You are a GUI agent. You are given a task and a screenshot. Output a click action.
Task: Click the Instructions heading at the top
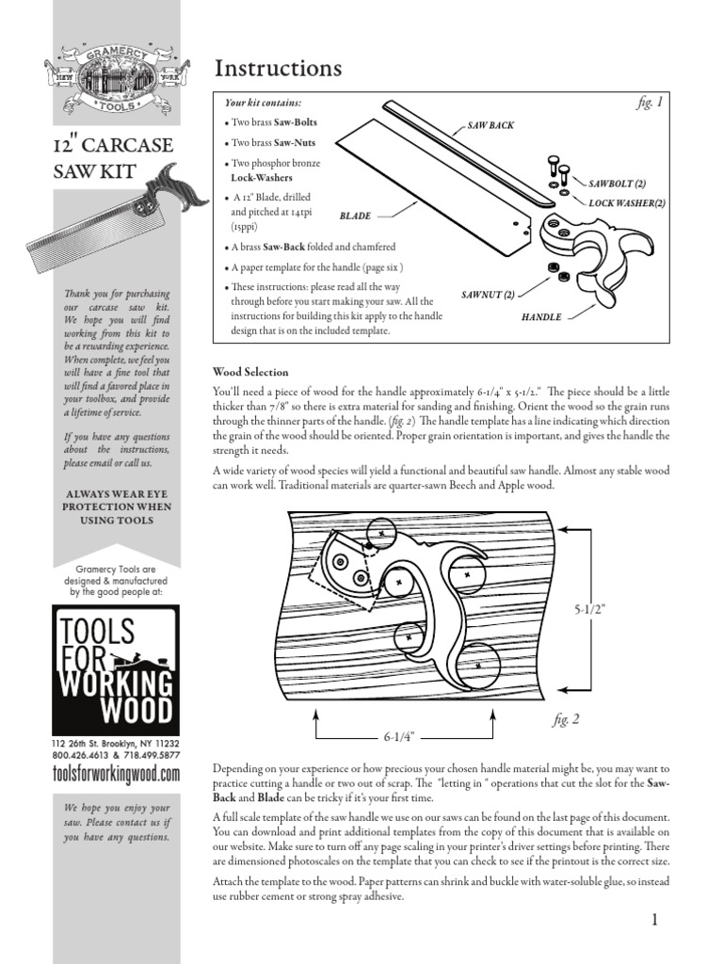(278, 69)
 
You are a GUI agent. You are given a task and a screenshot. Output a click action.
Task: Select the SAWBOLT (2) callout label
(617, 185)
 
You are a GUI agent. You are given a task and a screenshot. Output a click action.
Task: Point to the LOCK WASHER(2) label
(627, 203)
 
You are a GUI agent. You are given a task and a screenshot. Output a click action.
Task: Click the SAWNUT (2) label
(488, 295)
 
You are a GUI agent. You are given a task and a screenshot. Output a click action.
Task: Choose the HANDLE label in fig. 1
(541, 317)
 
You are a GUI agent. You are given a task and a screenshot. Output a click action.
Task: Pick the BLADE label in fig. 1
(355, 216)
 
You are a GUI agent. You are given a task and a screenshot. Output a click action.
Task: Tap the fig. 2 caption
(566, 720)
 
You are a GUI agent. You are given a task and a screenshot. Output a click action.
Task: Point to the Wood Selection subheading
(250, 373)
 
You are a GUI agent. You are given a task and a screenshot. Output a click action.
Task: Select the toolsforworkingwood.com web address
(114, 774)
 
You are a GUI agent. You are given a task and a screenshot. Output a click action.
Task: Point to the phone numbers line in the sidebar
(114, 755)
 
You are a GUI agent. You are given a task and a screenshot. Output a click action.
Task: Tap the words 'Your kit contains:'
(263, 102)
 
